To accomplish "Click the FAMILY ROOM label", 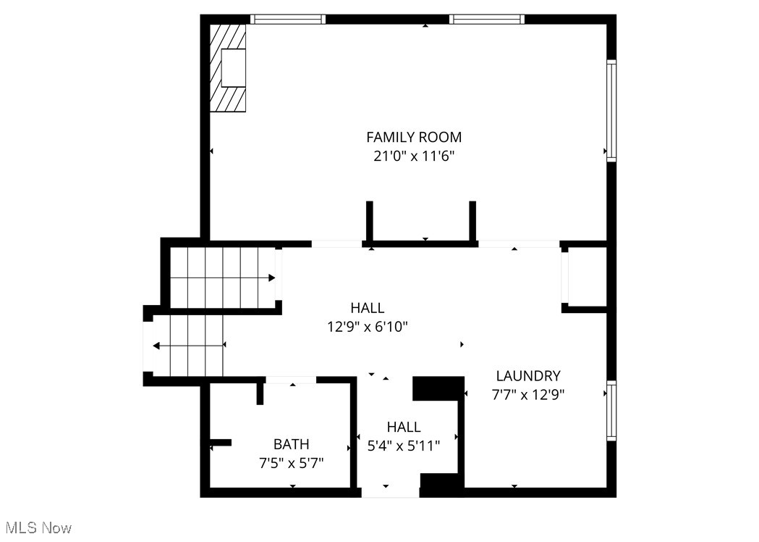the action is pyautogui.click(x=414, y=137).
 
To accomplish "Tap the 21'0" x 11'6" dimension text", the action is pyautogui.click(x=414, y=157).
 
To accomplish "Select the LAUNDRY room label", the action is pyautogui.click(x=528, y=376).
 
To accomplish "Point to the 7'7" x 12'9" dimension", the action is pyautogui.click(x=528, y=395).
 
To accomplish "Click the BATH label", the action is pyautogui.click(x=292, y=444).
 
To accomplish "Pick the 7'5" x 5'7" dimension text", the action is pyautogui.click(x=292, y=464).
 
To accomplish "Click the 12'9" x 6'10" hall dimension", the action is pyautogui.click(x=368, y=327).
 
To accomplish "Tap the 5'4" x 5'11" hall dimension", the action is pyautogui.click(x=404, y=446).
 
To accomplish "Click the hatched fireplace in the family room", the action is pyautogui.click(x=227, y=68).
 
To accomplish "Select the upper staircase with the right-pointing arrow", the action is pyautogui.click(x=223, y=278).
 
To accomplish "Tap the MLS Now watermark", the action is pyautogui.click(x=39, y=528).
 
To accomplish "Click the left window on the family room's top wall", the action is pyautogui.click(x=288, y=20).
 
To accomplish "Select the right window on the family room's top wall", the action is pyautogui.click(x=487, y=20).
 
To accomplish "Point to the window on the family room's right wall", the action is pyautogui.click(x=612, y=111).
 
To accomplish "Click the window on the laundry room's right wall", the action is pyautogui.click(x=612, y=411).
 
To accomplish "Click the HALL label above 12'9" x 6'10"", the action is pyautogui.click(x=368, y=308).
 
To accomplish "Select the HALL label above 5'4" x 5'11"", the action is pyautogui.click(x=404, y=427).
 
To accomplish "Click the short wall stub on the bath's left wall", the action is pyautogui.click(x=220, y=442).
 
